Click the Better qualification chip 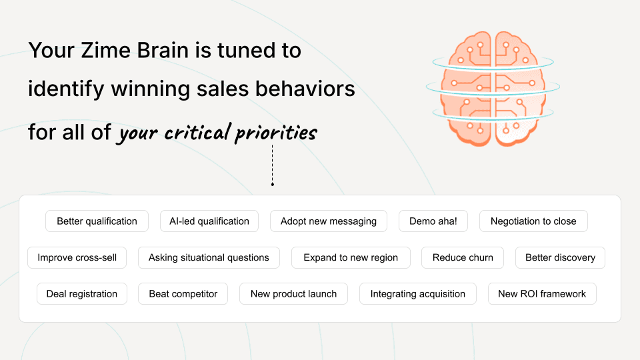(97, 221)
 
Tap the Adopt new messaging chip (329, 221)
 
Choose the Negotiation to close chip (533, 221)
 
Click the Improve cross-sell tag (77, 257)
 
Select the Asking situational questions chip (209, 257)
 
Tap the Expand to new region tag (351, 257)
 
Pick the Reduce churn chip (463, 257)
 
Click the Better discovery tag (560, 257)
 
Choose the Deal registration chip (82, 293)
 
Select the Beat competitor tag (183, 293)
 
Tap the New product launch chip (293, 293)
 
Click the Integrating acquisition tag (418, 293)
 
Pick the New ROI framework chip (542, 293)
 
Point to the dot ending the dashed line (272, 184)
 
